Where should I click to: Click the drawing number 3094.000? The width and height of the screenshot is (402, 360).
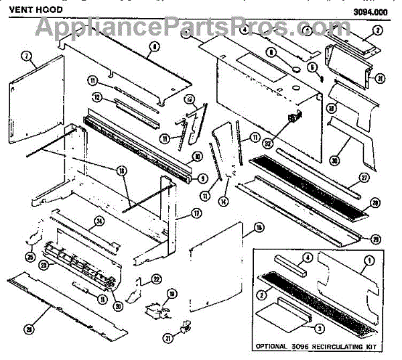[x=375, y=11]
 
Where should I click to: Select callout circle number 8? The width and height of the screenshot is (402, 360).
[x=155, y=47]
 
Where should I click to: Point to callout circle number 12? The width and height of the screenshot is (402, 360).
[x=96, y=97]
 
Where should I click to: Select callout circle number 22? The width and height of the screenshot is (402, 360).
[x=155, y=279]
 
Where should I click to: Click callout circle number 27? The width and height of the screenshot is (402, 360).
[x=364, y=179]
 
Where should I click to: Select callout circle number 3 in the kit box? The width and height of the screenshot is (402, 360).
[x=320, y=328]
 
